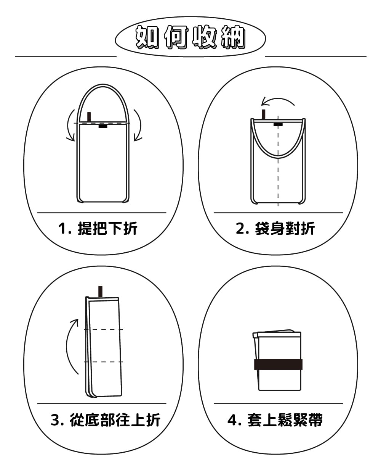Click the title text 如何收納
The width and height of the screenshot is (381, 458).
tap(190, 37)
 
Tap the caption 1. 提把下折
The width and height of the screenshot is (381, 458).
tap(98, 228)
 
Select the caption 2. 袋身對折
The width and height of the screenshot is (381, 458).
tap(275, 228)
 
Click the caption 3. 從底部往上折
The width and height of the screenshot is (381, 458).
tap(105, 420)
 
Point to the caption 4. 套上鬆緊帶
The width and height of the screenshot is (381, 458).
tap(275, 420)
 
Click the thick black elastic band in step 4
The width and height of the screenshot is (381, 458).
tap(278, 364)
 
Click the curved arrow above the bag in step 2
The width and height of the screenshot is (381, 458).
tap(277, 99)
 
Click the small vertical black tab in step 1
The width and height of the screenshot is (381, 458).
tap(89, 116)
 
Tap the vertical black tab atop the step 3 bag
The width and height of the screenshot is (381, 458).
tap(100, 291)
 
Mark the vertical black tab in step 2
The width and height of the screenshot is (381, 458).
tap(263, 114)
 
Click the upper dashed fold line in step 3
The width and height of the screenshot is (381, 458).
tap(104, 329)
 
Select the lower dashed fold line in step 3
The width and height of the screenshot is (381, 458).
tap(104, 362)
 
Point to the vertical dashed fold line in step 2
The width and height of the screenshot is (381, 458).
tap(278, 161)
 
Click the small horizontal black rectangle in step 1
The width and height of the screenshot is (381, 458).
tap(103, 127)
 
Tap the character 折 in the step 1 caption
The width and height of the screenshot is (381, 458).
tap(131, 228)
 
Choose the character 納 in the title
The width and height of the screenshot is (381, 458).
tap(234, 37)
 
